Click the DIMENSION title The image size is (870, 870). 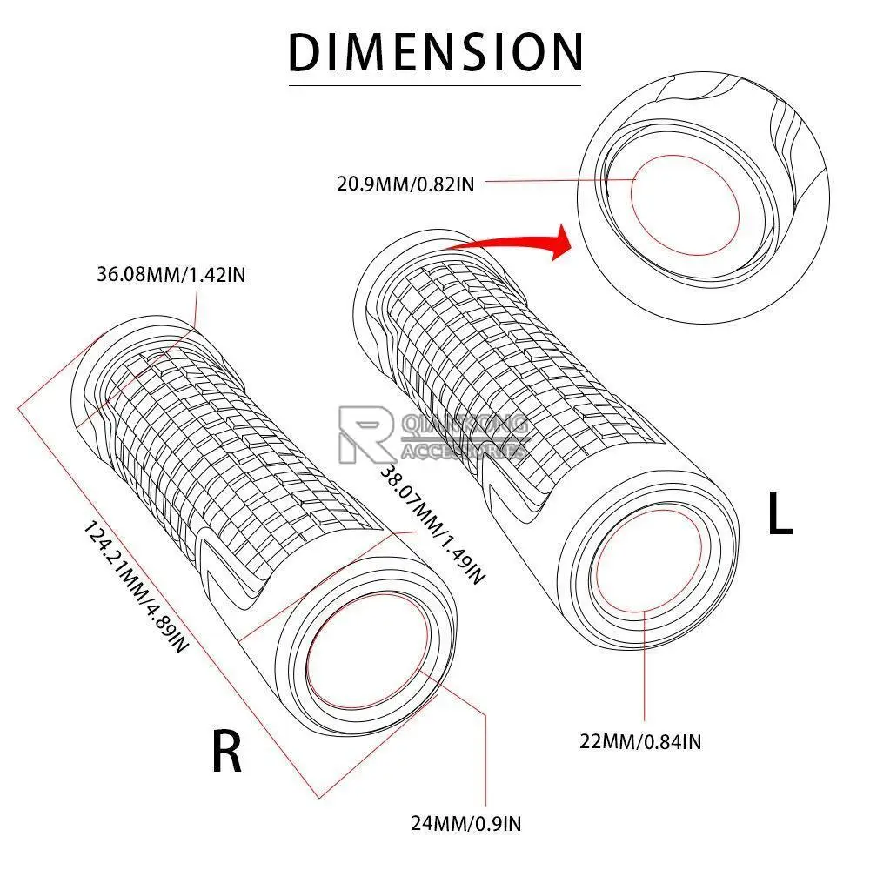point(435,51)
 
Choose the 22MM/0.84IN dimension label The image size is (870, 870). point(641,741)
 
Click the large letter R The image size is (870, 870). point(227,752)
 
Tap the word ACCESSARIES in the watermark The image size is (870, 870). point(465,451)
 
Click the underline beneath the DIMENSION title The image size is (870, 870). point(435,85)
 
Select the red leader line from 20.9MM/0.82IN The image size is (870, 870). point(557,181)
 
